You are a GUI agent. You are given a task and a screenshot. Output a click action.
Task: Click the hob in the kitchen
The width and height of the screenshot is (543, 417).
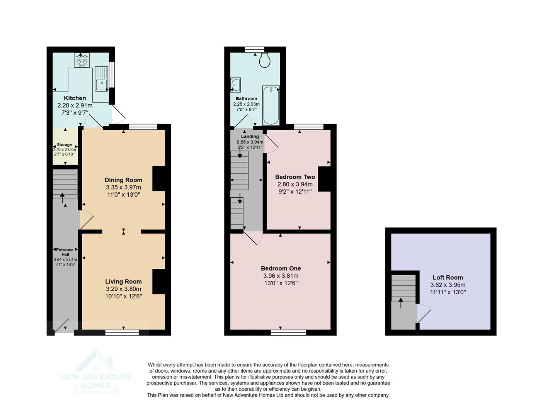(x=82, y=60)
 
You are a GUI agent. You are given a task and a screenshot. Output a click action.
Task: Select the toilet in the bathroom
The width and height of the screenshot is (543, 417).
(x=265, y=61)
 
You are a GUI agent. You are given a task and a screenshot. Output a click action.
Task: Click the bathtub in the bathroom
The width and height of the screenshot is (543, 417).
(x=271, y=105)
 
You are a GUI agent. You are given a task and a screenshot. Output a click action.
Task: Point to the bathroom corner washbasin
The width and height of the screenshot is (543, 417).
(x=235, y=85)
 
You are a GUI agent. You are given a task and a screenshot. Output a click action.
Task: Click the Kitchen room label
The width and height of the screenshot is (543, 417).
(x=75, y=98)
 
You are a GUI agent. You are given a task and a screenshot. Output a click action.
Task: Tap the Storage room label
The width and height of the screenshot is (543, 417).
(x=65, y=145)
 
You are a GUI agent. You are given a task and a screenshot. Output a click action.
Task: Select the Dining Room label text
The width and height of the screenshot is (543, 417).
(x=123, y=180)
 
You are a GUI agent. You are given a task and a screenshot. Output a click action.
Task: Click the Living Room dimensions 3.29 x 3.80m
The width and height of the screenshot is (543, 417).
(x=123, y=289)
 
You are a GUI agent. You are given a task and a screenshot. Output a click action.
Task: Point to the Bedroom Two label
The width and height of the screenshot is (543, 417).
(x=295, y=177)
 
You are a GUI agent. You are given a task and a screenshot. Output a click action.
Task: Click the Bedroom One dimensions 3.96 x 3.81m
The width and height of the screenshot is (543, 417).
(x=281, y=276)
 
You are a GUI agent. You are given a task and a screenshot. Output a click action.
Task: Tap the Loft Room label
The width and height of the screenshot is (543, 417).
(x=448, y=277)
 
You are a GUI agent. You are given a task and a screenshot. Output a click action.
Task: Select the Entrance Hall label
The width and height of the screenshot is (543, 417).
(x=65, y=252)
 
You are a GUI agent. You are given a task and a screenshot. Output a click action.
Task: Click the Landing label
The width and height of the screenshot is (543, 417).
(x=250, y=136)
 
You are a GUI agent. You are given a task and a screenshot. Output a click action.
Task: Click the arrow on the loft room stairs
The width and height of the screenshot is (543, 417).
(x=400, y=303)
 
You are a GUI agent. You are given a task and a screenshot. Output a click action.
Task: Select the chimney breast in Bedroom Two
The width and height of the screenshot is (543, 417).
(x=324, y=179)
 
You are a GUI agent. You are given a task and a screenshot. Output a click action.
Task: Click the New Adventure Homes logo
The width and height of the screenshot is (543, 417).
(x=96, y=372)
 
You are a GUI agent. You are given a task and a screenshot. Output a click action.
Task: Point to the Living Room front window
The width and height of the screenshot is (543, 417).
(x=122, y=332)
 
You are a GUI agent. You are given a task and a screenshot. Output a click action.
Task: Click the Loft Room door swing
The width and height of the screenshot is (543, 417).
(x=424, y=313)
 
